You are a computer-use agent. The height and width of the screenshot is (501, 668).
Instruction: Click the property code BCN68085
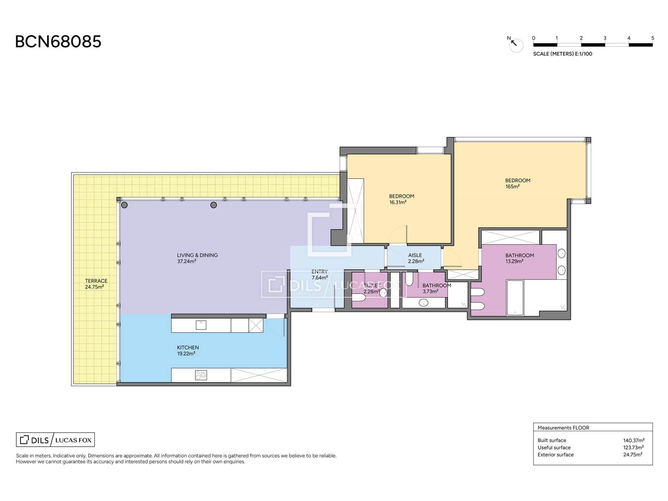pos(58,42)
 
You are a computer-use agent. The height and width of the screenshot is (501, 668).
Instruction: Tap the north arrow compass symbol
pos(515,44)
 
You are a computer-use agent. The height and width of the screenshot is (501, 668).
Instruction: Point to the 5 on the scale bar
pos(653,38)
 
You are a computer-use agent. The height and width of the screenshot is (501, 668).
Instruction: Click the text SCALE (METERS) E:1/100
pos(562,54)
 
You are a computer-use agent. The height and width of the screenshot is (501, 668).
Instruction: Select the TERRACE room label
pos(96,281)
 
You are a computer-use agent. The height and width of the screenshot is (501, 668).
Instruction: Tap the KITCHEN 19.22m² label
pos(188,350)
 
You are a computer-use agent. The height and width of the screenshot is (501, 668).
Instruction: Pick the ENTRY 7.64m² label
pos(319,275)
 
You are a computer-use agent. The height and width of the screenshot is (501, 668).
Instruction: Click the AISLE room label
pos(415,255)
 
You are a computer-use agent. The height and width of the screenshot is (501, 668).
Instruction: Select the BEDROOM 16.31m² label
pos(401,199)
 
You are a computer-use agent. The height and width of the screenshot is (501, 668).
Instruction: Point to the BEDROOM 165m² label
pos(518,183)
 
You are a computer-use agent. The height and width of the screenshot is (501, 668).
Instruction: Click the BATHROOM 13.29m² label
pos(519,258)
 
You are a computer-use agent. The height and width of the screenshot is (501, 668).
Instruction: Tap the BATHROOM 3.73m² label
pos(436,288)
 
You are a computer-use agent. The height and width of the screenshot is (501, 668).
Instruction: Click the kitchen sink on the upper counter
pos(201,325)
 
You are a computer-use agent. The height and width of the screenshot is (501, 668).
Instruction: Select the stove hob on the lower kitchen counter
pos(201,375)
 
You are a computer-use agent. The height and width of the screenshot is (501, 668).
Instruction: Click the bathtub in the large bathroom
pos(515,298)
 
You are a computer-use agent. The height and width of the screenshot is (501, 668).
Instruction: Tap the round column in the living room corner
pos(124,205)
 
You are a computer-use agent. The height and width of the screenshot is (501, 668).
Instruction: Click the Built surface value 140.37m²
pos(634,440)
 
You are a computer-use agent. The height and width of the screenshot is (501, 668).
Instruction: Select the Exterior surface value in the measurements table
pos(633,455)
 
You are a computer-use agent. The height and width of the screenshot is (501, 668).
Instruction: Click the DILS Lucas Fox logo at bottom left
pos(56,440)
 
